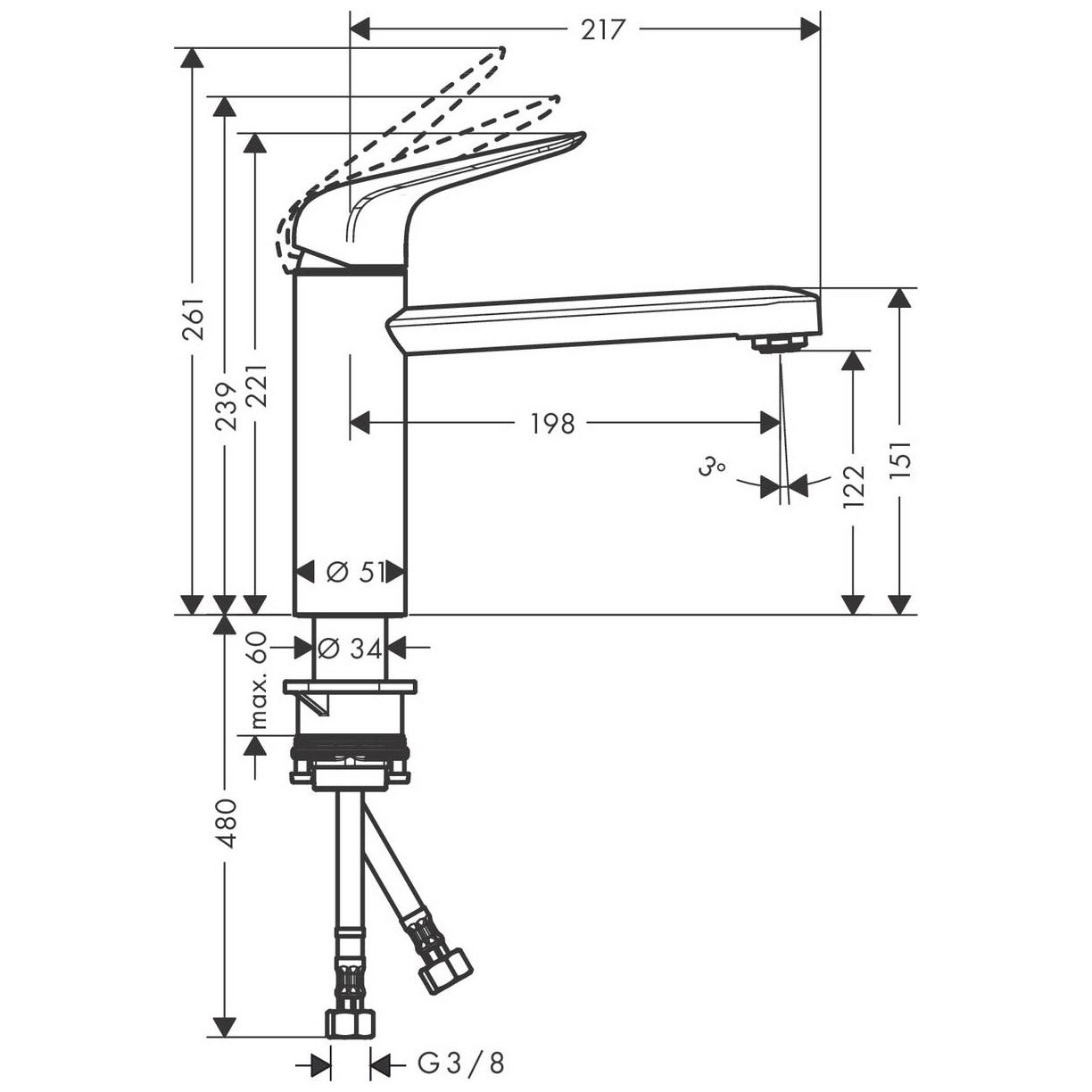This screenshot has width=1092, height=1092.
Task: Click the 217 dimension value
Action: tap(602, 30)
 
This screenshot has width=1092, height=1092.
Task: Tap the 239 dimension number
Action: tap(226, 406)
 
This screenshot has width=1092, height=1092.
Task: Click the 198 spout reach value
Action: tap(552, 423)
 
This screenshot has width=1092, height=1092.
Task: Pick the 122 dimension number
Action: tap(854, 486)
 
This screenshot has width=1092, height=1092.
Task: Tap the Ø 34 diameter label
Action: tap(349, 649)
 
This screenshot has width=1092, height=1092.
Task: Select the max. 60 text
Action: tap(258, 680)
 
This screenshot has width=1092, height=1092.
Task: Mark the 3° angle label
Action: tap(712, 467)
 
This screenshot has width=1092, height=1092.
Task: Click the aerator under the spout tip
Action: tap(780, 343)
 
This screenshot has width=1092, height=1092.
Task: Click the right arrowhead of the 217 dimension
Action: tap(810, 29)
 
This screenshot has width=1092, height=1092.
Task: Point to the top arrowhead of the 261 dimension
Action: tap(194, 58)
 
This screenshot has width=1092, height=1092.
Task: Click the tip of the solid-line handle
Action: tap(583, 135)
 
